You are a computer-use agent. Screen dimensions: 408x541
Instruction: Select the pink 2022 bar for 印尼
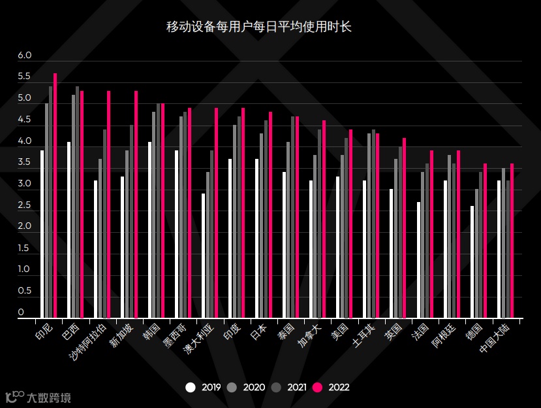pos(55,196)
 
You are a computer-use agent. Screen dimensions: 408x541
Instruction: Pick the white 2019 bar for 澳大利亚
pos(204,256)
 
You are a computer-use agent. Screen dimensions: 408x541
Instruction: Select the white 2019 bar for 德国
pos(472,262)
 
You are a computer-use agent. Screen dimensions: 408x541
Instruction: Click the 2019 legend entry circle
pos(191,387)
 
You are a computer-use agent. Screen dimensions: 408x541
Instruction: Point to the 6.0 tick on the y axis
pos(25,56)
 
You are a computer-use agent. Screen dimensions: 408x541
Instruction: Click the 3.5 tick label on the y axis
pos(25,162)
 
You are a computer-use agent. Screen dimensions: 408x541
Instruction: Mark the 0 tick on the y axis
pos(21,313)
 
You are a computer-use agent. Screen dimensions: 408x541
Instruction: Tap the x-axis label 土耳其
pos(363,334)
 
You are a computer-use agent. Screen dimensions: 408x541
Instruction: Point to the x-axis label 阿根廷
pos(444,334)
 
